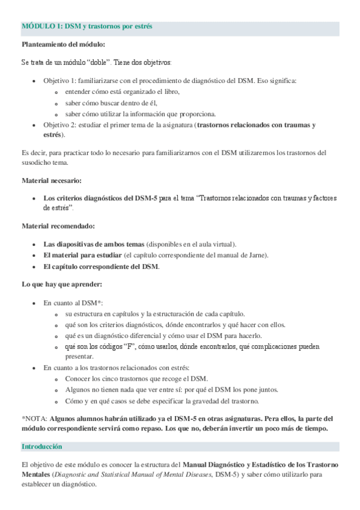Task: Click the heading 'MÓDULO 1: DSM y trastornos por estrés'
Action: click(87, 27)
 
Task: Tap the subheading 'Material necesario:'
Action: click(52, 180)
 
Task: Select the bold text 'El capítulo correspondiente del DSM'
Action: click(101, 266)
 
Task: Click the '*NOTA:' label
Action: click(34, 417)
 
